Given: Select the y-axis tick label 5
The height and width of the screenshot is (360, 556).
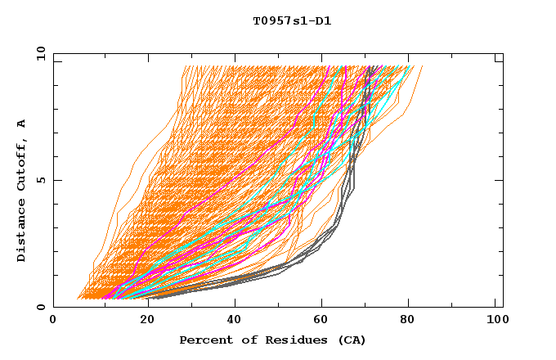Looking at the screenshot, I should pyautogui.click(x=43, y=180).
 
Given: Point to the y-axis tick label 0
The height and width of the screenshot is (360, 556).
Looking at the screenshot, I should pyautogui.click(x=43, y=307).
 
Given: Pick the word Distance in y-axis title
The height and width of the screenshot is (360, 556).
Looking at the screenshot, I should pyautogui.click(x=22, y=231).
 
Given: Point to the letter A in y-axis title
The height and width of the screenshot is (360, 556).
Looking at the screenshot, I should pyautogui.click(x=22, y=124).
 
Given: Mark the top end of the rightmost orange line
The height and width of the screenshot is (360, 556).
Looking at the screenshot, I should pyautogui.click(x=422, y=66).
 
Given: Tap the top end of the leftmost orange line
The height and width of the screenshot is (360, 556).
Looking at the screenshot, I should pyautogui.click(x=185, y=66).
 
